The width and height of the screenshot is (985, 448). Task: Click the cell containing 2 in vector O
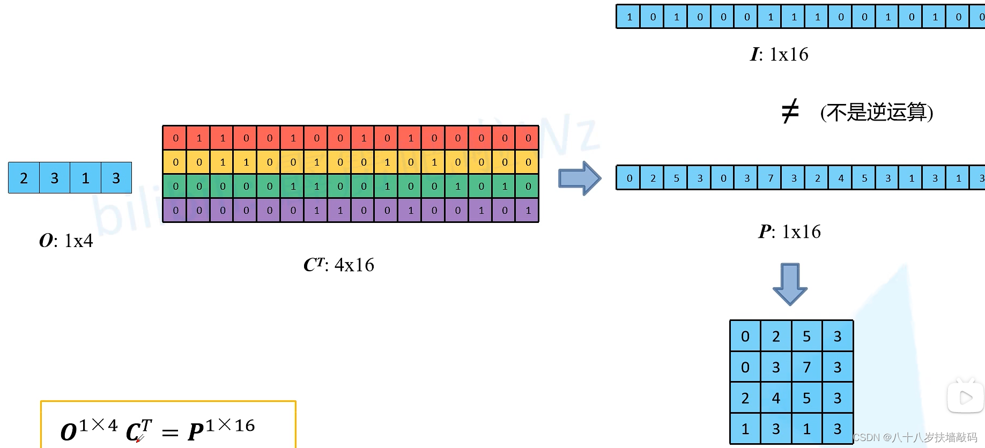tap(24, 178)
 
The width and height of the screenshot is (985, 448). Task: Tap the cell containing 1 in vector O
tap(85, 178)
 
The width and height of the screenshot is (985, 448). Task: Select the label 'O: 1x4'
tap(66, 241)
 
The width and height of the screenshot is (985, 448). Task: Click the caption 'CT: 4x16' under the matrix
tap(339, 265)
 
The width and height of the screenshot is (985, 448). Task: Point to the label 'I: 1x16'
tap(779, 54)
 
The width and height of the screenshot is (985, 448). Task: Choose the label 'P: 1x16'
tap(789, 232)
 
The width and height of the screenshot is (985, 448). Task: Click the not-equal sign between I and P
tap(790, 111)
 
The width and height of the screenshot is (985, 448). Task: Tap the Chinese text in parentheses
tap(877, 113)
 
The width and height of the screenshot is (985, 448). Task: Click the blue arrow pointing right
tap(579, 178)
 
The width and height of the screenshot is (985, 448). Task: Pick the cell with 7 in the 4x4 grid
tap(806, 367)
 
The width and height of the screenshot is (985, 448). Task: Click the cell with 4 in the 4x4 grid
tap(776, 398)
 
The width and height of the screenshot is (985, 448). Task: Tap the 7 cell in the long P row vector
tap(771, 178)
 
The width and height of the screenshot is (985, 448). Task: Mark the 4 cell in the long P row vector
tap(841, 178)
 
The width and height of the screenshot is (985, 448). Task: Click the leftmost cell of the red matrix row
tap(175, 138)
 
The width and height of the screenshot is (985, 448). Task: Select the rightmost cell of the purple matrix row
tap(528, 211)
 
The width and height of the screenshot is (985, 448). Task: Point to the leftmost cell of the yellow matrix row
tap(175, 162)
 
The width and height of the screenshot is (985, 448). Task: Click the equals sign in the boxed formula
tap(170, 432)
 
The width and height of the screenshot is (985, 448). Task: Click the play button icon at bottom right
tap(965, 398)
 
